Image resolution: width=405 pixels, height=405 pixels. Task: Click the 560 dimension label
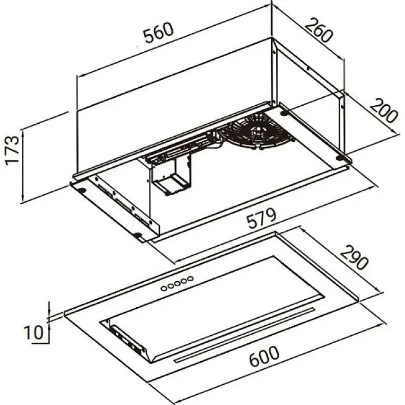[158, 33]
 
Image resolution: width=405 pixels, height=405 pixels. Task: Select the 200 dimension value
[384, 110]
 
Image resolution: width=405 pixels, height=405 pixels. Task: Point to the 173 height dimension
[12, 150]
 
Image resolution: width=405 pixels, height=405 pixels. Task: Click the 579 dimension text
[261, 218]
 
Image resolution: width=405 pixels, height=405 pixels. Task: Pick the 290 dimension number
[354, 257]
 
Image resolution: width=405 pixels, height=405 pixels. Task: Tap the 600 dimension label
[264, 356]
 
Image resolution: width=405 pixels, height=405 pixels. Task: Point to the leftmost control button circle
[164, 288]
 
